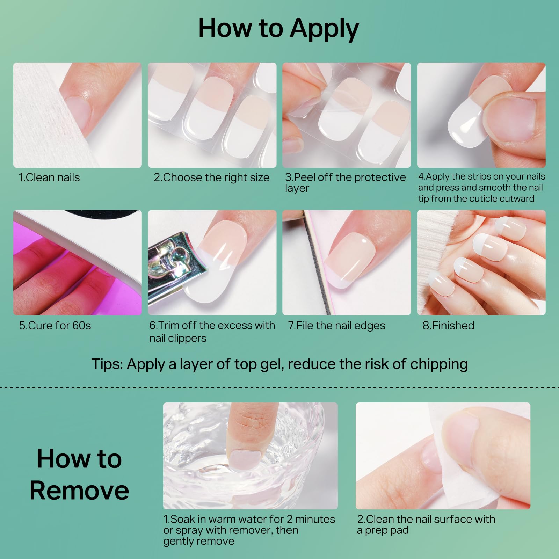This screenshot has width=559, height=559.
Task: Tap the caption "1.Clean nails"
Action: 49,177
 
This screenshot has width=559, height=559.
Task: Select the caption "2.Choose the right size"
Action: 212,177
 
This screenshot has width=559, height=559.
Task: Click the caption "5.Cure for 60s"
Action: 55,326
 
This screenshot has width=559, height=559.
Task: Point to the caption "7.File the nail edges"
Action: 337,326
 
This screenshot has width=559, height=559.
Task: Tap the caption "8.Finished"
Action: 448,326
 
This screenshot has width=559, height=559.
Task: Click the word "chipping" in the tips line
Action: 439,364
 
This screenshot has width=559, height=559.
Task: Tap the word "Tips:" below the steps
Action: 107,364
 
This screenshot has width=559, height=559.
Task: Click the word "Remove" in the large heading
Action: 79,490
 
